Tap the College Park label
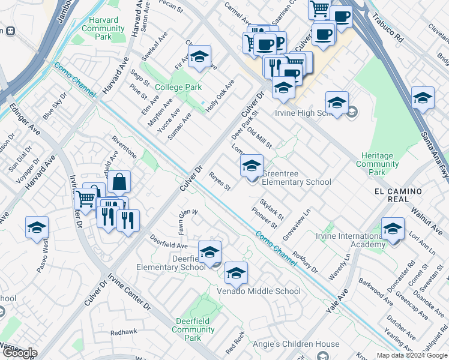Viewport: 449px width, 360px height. click(178, 87)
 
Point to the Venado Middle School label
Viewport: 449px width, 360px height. click(259, 292)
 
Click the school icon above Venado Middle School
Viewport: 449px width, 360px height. click(237, 273)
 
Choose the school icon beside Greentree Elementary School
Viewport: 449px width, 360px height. click(252, 165)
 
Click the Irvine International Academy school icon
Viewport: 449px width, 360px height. click(393, 229)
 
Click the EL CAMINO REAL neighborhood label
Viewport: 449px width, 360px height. click(398, 191)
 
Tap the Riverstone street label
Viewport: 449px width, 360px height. click(124, 147)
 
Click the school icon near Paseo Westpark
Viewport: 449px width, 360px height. click(37, 227)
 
